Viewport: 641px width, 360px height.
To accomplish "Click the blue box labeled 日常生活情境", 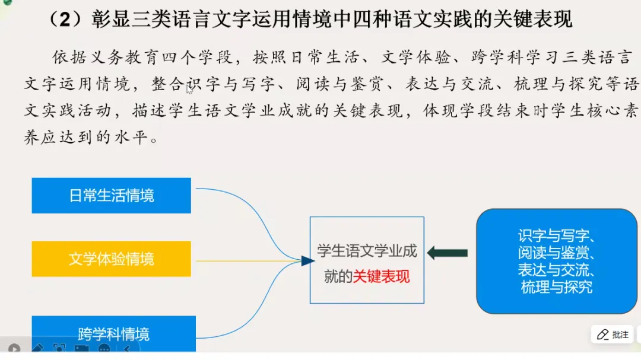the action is coord(112,195).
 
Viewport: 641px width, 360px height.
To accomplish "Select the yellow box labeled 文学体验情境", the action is coord(112,259).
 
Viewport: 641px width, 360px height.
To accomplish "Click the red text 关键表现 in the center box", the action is coord(381,276).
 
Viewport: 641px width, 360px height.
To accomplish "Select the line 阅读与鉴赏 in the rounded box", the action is coord(556,254).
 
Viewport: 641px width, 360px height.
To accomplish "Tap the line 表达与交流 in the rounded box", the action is coord(556,270).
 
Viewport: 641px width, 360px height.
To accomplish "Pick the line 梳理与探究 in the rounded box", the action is coord(556,288).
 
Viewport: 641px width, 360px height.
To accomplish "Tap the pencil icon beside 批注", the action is coord(602,334).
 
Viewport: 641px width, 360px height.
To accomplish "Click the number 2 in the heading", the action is coord(68,20).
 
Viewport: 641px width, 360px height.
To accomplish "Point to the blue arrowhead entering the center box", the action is coord(306,261).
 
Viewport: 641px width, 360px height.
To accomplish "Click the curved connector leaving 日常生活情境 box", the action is coord(237,202).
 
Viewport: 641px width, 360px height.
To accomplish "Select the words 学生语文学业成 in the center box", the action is coord(367,251).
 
